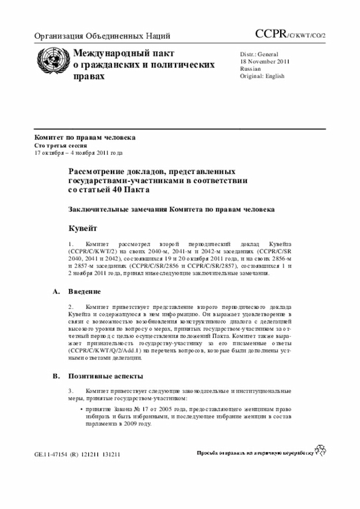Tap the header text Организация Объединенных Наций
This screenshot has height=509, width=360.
point(102,37)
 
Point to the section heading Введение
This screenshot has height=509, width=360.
point(84,292)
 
